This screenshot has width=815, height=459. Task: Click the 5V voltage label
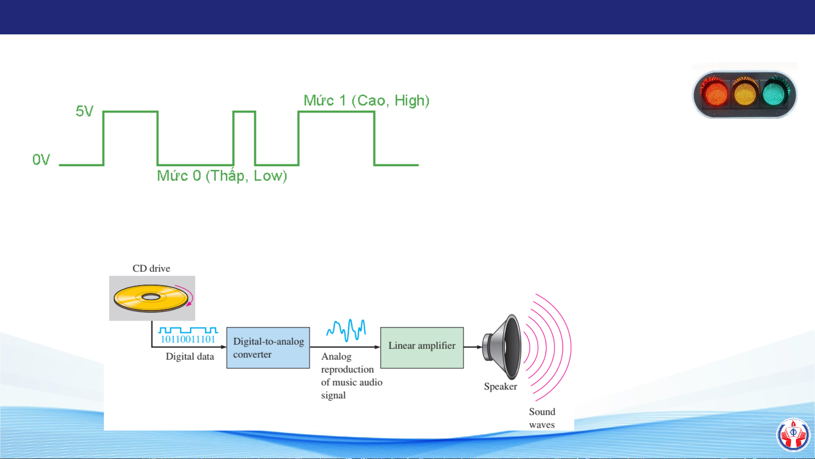[x=84, y=111]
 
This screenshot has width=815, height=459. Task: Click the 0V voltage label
[x=41, y=160]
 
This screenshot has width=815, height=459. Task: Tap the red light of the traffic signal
[x=716, y=94]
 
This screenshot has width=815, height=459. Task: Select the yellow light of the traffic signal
[x=745, y=94]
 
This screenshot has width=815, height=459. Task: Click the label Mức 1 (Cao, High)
[x=367, y=101]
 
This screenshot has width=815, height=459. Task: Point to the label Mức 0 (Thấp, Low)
[x=222, y=176]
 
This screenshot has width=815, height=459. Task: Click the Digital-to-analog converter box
[x=268, y=348]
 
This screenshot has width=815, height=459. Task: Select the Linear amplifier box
[x=422, y=348]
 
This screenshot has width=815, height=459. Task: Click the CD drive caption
[x=151, y=268]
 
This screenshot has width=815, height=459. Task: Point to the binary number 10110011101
[x=188, y=339]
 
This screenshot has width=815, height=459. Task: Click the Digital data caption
[x=190, y=357]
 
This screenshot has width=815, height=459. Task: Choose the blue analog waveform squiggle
[x=346, y=330]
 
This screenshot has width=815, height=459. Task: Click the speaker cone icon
[x=503, y=347]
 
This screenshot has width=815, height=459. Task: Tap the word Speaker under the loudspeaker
[x=500, y=387]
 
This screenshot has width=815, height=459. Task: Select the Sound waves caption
[x=542, y=418]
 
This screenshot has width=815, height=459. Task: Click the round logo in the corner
[x=793, y=434]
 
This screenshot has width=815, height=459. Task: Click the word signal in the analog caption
[x=333, y=395]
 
